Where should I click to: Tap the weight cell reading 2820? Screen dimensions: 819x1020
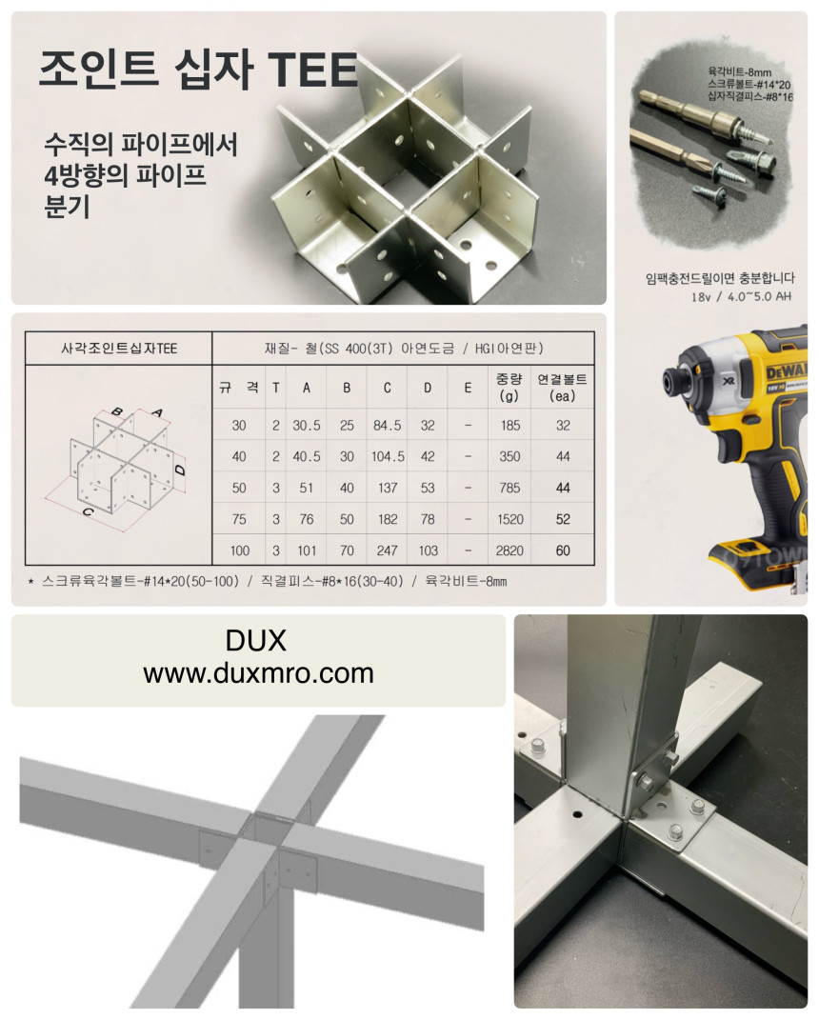(509, 550)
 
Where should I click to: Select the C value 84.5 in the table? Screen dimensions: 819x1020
(387, 426)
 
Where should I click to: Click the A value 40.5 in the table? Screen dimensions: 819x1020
(307, 456)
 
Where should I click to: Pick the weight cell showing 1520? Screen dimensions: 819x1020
(510, 519)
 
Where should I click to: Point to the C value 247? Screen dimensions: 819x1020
(387, 550)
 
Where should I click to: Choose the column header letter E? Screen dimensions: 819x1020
(467, 388)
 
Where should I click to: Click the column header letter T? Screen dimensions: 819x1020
(276, 388)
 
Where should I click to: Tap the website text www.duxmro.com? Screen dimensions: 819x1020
(258, 673)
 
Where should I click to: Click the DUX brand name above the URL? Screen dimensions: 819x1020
(255, 641)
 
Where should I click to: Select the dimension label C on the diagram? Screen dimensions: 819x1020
(89, 512)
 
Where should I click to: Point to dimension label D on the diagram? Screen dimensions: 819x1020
(181, 470)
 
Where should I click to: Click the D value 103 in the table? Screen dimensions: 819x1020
(428, 550)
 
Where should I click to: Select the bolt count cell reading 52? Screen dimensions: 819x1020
(563, 519)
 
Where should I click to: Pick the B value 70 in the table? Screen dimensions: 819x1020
(347, 550)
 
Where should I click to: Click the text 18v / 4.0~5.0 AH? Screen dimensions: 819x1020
(741, 296)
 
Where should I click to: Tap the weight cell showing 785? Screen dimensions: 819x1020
(509, 488)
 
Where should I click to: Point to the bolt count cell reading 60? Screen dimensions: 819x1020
(563, 550)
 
